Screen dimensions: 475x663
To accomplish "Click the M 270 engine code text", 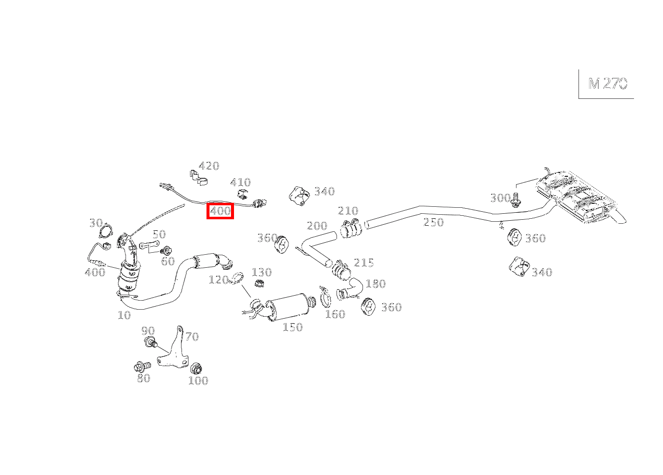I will coord(607,84).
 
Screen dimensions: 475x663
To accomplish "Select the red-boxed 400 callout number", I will coord(220,211).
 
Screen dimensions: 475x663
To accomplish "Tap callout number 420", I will coord(209,166).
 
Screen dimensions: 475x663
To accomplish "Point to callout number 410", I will coord(240,182).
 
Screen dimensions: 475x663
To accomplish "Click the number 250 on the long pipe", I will coord(433,222).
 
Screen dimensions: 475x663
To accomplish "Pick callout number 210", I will coord(348,211).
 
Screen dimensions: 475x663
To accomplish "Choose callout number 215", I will coord(363,263).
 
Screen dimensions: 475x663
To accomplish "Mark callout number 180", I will coord(375,284).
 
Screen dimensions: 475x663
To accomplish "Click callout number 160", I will coord(335,314).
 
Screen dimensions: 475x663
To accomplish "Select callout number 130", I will coord(261,272).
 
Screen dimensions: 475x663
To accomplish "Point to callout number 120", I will coord(218,280).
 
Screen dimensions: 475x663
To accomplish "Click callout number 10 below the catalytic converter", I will coord(124,315).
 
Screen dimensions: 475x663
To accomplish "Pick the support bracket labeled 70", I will coord(172,350).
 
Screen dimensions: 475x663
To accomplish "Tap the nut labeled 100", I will coord(196,369).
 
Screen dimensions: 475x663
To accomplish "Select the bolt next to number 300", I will coord(516,200).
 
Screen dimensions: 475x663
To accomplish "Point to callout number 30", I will coord(95,223).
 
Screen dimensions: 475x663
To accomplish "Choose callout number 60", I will coord(167,261).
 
